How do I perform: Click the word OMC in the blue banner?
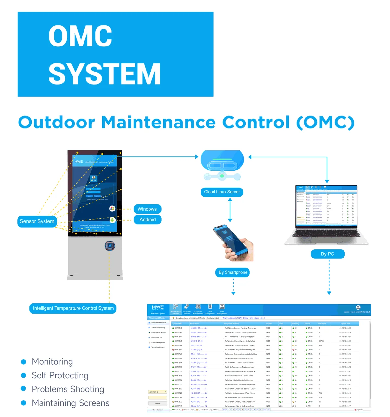tap(80, 36)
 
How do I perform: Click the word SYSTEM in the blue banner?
tap(104, 74)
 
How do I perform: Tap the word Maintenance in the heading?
tap(158, 122)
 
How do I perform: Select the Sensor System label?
tap(37, 221)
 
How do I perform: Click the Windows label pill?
tap(147, 209)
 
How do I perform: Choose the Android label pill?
tap(148, 220)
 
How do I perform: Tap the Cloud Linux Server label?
tap(222, 192)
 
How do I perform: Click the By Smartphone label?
tap(233, 272)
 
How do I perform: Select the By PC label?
tap(328, 254)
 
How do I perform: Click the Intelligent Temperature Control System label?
tap(73, 308)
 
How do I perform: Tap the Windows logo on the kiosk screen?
tap(112, 208)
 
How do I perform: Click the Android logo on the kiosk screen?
tap(112, 220)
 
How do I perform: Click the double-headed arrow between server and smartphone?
tap(230, 210)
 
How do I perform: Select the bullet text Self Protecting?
tap(60, 375)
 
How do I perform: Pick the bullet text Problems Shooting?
tap(68, 389)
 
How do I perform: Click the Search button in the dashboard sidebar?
tap(157, 403)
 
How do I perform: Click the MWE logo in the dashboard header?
tap(158, 307)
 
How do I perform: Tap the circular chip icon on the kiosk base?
tap(110, 246)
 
